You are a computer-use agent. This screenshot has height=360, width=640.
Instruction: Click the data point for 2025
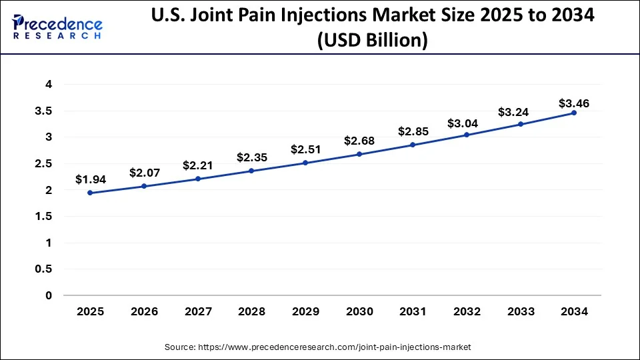(x=90, y=193)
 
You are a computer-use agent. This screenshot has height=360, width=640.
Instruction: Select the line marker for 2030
(x=359, y=154)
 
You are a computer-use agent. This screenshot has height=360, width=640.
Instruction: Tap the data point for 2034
(x=574, y=113)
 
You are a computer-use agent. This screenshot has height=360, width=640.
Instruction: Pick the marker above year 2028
(x=251, y=171)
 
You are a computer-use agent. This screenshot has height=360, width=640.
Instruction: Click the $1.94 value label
(x=90, y=179)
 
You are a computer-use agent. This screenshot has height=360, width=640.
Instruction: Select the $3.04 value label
(x=467, y=123)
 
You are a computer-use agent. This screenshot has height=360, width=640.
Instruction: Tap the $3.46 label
(x=574, y=103)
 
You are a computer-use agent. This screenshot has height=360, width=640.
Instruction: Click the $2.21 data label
(x=198, y=165)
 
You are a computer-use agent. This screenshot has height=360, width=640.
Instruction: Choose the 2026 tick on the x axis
(x=144, y=311)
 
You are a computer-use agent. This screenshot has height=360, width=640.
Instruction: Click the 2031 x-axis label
(x=413, y=311)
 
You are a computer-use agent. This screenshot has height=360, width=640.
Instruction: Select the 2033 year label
(x=520, y=311)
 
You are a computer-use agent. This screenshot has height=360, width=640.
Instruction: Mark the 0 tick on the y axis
(x=49, y=295)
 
